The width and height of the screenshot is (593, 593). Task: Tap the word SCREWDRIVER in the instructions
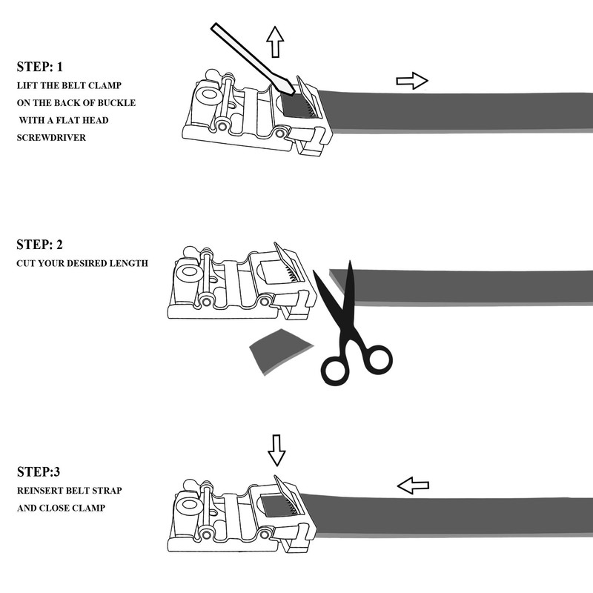pos(48,137)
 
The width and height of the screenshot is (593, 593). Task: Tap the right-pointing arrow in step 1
pos(412,80)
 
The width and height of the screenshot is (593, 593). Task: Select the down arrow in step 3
pos(276,449)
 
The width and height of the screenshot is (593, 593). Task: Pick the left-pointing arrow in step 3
pos(413,486)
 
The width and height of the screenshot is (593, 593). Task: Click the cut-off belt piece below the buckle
pos(277,349)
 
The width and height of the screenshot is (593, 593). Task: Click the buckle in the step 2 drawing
pos(237,285)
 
